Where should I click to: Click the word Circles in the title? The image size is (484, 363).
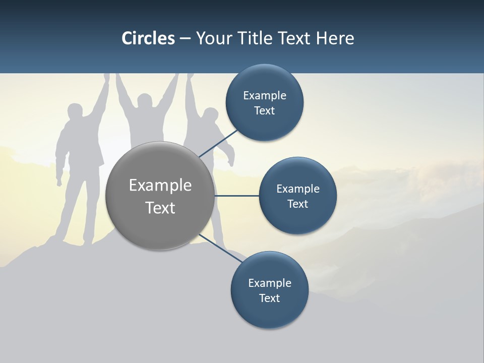(148, 38)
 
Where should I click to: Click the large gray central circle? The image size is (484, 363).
(160, 196)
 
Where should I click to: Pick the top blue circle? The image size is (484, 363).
(264, 103)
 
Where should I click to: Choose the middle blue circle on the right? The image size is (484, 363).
(297, 196)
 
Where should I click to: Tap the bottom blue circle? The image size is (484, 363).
(269, 290)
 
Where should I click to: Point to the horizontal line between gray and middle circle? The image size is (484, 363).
(236, 196)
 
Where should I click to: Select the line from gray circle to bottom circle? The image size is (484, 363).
(222, 248)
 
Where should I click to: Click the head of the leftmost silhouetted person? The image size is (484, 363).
(75, 112)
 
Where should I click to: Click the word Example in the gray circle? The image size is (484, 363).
(160, 185)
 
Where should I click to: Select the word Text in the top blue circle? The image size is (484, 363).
(264, 111)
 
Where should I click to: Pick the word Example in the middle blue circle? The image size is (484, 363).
(297, 189)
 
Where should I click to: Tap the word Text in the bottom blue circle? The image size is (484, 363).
(269, 298)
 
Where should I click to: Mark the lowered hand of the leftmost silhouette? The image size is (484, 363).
(59, 180)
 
